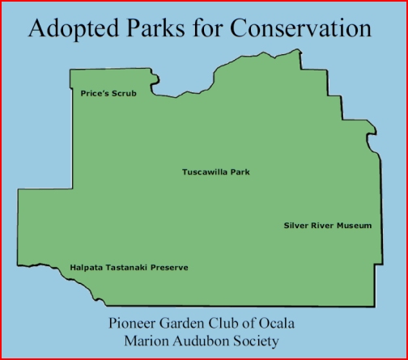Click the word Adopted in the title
pos(74,29)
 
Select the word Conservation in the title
pos(300,28)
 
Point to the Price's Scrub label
pos(108,93)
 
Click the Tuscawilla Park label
pos(216,172)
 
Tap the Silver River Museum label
pos(328,225)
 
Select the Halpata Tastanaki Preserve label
pos(129,267)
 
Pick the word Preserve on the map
pos(169,267)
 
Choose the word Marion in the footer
pos(147,341)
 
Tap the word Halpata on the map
pos(86,268)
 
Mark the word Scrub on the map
pos(124,93)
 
